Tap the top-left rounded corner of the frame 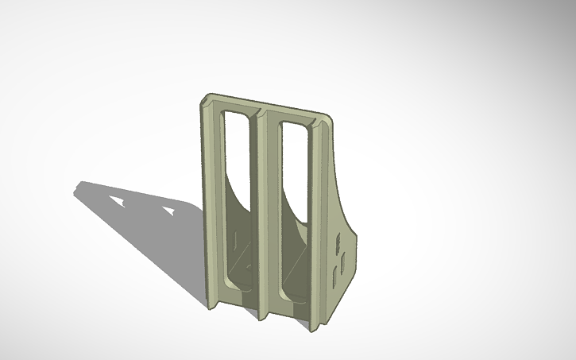click(x=204, y=100)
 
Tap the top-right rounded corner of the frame click(x=327, y=119)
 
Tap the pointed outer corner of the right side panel click(x=359, y=234)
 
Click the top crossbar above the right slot click(x=295, y=116)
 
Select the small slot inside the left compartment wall click(x=239, y=238)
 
